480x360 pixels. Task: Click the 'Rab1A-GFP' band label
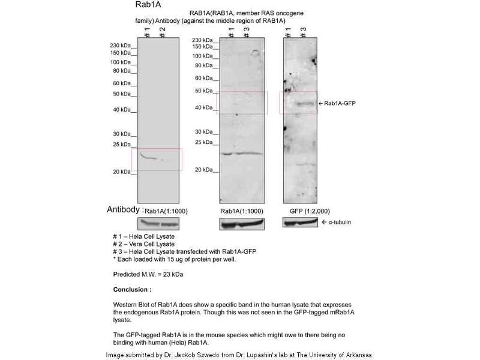[340, 104]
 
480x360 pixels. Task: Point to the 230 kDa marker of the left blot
[120, 46]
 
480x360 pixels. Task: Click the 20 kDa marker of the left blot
[122, 172]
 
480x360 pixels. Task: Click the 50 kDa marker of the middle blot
[204, 91]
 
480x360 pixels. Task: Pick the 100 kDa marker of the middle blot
[203, 56]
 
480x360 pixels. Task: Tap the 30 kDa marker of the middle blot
[204, 131]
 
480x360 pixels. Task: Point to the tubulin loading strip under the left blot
[158, 223]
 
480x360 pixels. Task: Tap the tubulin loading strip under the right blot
[300, 223]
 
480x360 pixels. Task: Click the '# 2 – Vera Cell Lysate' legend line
[144, 244]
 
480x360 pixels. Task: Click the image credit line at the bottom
[239, 355]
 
